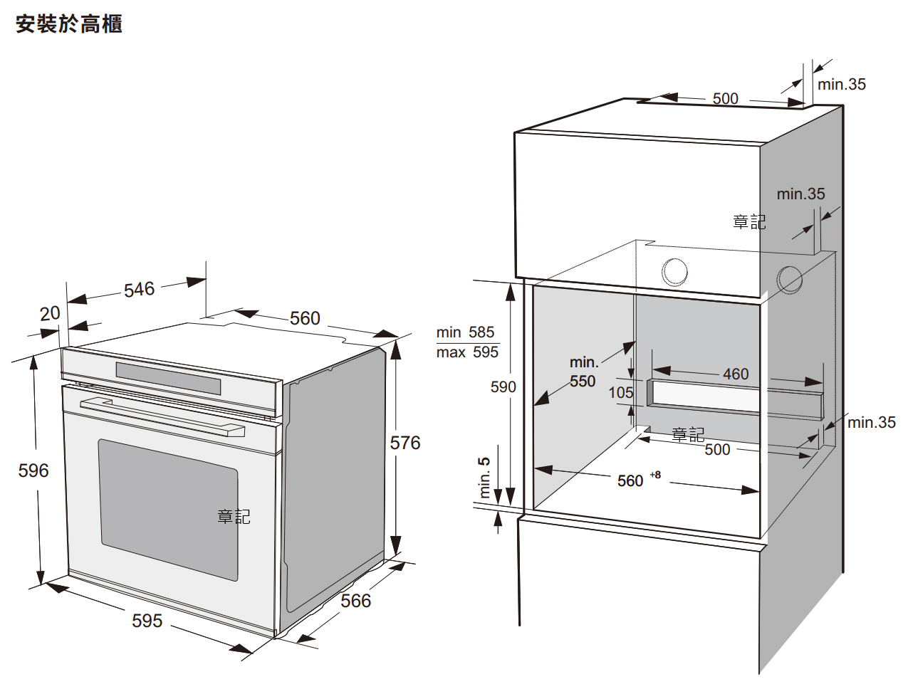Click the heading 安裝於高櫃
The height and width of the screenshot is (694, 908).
pos(69,24)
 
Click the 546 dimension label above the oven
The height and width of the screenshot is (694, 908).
pos(139,289)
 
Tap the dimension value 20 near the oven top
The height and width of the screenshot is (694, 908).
pos(50,313)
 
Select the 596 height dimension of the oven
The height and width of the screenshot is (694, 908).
pos(33,470)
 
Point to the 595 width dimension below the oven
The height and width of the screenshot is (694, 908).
pos(147,621)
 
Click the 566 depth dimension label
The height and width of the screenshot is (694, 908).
pos(355,601)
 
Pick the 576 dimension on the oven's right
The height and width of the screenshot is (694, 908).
pos(405,443)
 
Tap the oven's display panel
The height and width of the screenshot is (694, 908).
pos(168,378)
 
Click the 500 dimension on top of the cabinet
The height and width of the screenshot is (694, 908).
pos(726,98)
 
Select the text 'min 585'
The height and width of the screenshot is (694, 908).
pos(465,332)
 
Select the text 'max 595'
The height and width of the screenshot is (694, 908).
pos(467,352)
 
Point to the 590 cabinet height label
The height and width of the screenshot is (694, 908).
pos(503,387)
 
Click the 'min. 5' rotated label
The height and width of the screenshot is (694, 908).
pos(485,478)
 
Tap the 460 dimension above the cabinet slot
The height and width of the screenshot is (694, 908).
pos(736,374)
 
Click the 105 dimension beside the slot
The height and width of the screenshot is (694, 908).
pos(621,392)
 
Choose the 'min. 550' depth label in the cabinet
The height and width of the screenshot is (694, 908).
pos(583,372)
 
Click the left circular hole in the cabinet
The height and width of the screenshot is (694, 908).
pos(674,272)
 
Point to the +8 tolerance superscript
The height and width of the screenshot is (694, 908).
pos(655,475)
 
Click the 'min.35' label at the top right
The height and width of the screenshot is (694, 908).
pos(842,84)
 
